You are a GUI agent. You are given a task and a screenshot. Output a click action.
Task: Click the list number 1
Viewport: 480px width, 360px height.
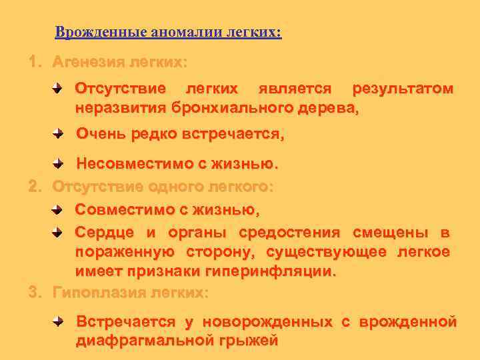coord(33,62)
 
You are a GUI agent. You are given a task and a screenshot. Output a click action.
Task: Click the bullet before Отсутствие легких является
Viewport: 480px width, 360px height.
coord(60,88)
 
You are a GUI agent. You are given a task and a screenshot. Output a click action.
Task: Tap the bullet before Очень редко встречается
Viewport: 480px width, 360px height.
coord(60,134)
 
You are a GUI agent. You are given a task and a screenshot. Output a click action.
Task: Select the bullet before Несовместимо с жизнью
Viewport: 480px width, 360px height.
coord(60,163)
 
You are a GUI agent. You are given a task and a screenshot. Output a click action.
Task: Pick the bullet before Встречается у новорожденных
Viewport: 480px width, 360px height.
coord(60,322)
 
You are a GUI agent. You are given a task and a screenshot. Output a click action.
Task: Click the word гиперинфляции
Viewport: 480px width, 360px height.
coord(279,272)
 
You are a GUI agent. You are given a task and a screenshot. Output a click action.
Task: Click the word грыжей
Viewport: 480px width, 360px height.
coord(253,341)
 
